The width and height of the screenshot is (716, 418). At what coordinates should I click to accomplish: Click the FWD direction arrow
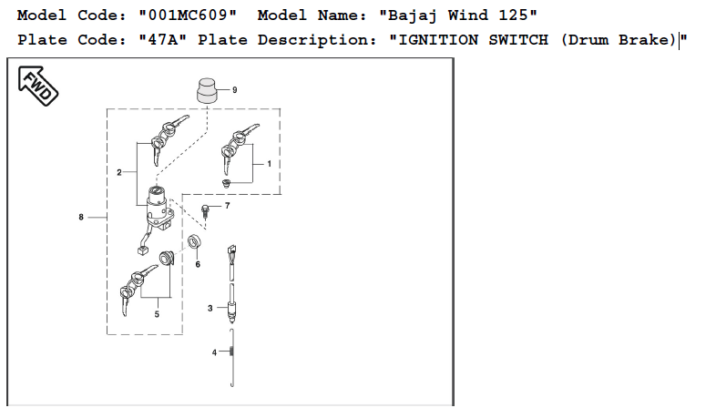tap(38, 86)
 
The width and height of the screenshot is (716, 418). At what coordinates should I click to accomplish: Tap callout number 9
tap(235, 90)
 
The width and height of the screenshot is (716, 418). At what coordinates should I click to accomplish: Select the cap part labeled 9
tap(207, 90)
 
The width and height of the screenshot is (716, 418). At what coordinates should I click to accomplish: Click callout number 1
tap(270, 164)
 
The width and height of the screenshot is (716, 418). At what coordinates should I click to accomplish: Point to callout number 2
tap(119, 172)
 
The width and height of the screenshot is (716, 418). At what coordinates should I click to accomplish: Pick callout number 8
tap(81, 218)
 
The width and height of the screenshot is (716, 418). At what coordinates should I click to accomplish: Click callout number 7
tap(228, 206)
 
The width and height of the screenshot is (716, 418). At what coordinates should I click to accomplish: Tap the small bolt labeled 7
tap(206, 212)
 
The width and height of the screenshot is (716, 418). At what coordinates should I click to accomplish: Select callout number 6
tap(198, 264)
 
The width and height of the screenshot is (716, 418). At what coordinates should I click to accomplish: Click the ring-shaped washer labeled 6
tap(195, 242)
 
